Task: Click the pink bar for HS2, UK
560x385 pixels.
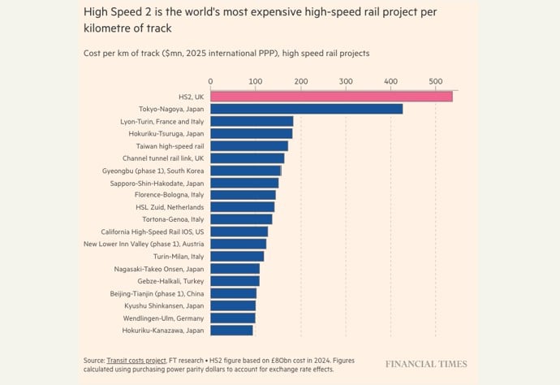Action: tap(331, 97)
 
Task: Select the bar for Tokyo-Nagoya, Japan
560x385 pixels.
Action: tap(306, 109)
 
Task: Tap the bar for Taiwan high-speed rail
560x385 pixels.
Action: tap(249, 145)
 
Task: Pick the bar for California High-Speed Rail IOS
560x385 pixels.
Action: tap(239, 231)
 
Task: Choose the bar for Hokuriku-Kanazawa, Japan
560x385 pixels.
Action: tap(231, 330)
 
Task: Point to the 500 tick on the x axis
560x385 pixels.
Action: tap(436, 81)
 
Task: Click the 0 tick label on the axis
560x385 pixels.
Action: tap(211, 81)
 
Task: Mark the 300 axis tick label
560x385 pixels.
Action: tap(346, 81)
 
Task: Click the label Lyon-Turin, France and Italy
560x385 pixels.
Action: tap(162, 121)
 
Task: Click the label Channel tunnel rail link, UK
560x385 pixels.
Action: tap(163, 158)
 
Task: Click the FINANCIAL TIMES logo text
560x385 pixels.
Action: tap(426, 364)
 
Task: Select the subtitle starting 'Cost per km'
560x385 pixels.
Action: tap(226, 53)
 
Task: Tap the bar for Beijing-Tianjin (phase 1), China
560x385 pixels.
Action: tap(234, 293)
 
